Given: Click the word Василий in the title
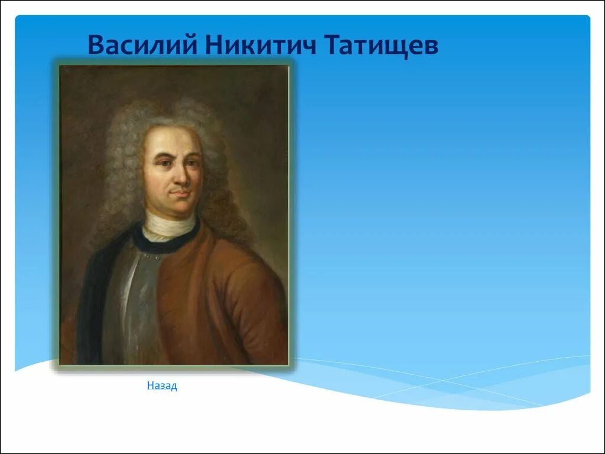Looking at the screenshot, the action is coord(143,45).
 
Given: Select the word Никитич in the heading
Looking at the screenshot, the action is coord(261,45).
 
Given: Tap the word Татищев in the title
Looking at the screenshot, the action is coord(381,46).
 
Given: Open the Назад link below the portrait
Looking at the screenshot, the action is coord(162,385).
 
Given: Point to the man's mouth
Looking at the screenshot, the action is coord(180,192).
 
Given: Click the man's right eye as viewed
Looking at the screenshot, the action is coord(192,163).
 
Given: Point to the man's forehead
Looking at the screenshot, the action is coord(174,139).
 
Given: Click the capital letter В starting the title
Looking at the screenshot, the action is coord(96,45).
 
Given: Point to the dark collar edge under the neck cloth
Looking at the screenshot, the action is coord(166,243).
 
